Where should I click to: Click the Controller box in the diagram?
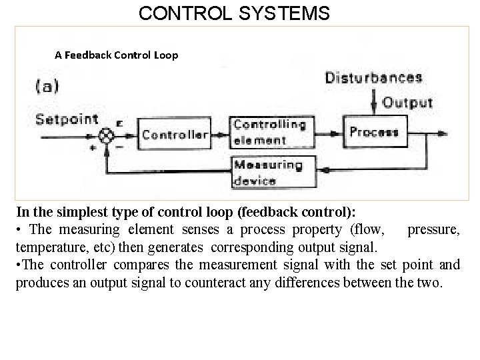(x=174, y=134)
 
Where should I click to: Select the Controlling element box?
(x=269, y=132)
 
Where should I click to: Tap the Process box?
(x=373, y=132)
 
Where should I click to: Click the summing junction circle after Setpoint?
(x=105, y=135)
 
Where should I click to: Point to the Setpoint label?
(x=67, y=120)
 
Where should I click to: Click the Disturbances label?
(x=373, y=77)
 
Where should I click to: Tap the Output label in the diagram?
(x=407, y=103)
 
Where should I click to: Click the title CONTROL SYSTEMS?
(x=233, y=13)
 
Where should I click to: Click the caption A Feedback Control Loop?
(x=116, y=55)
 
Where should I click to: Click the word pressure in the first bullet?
(x=433, y=230)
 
